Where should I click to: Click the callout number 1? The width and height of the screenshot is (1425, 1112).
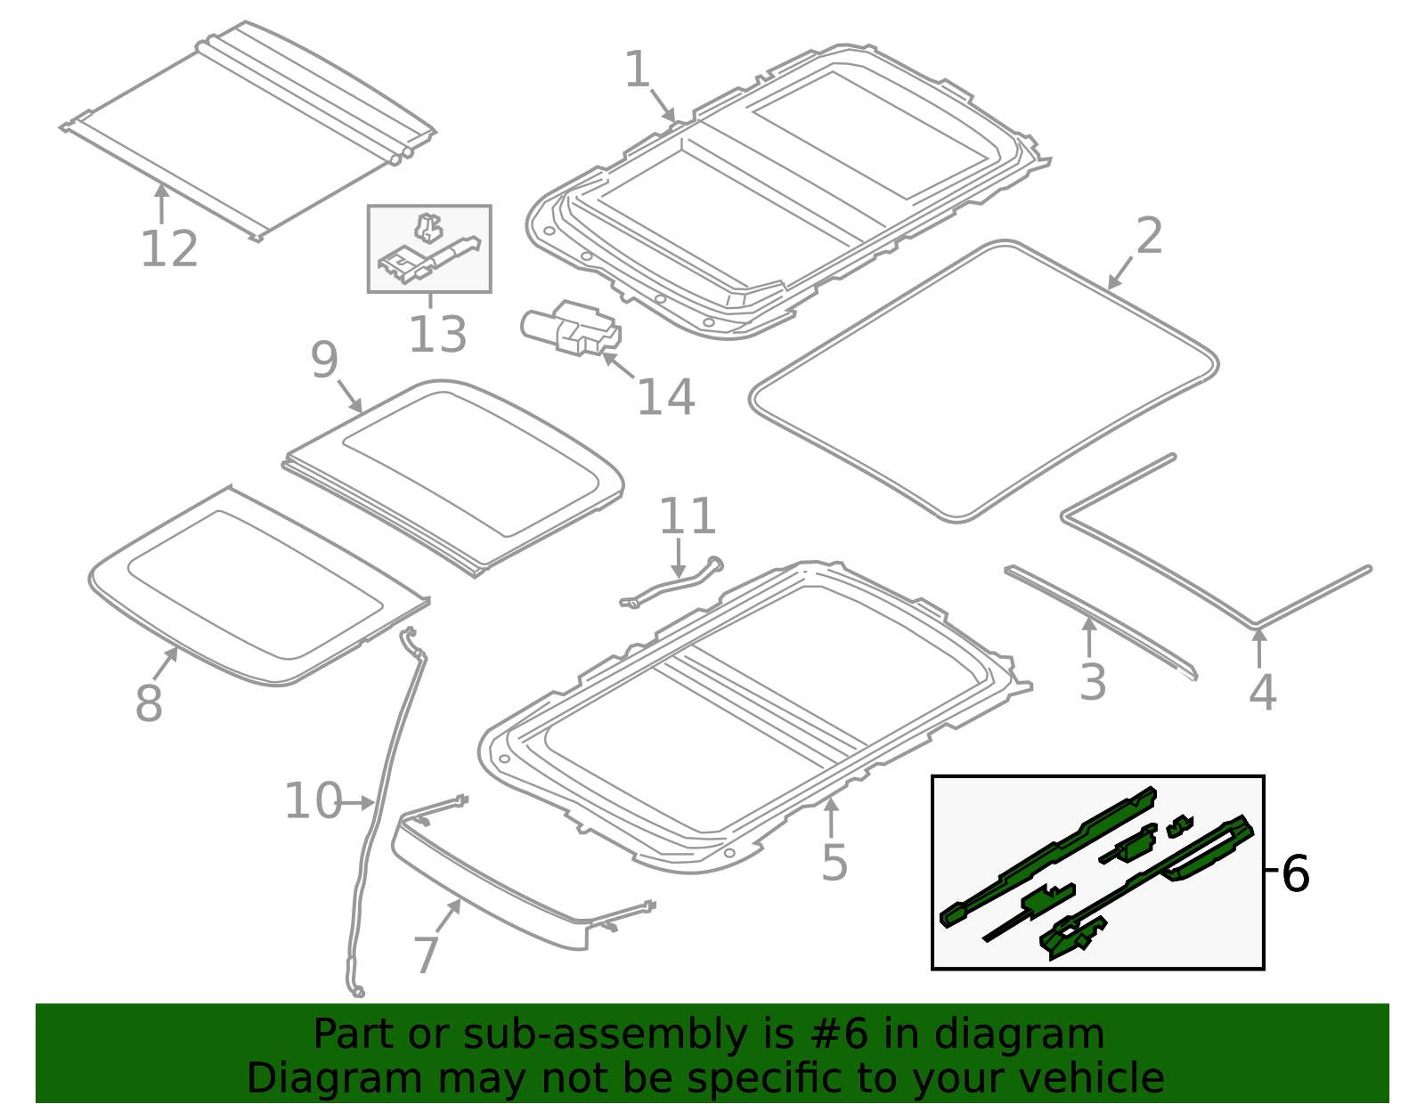coord(638,69)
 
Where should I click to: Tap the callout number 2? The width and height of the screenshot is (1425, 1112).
coord(1149,237)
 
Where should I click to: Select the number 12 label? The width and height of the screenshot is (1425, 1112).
coord(169,249)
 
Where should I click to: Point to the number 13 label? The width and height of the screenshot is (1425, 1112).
coord(437,336)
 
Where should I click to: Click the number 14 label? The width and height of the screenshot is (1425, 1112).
coord(665,398)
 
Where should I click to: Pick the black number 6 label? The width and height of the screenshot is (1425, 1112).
coord(1295,874)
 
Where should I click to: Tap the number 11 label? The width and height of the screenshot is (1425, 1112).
coord(688,516)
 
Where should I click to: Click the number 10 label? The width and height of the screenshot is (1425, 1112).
coord(313,801)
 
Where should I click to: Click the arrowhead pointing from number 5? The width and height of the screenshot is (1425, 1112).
coord(830,804)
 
